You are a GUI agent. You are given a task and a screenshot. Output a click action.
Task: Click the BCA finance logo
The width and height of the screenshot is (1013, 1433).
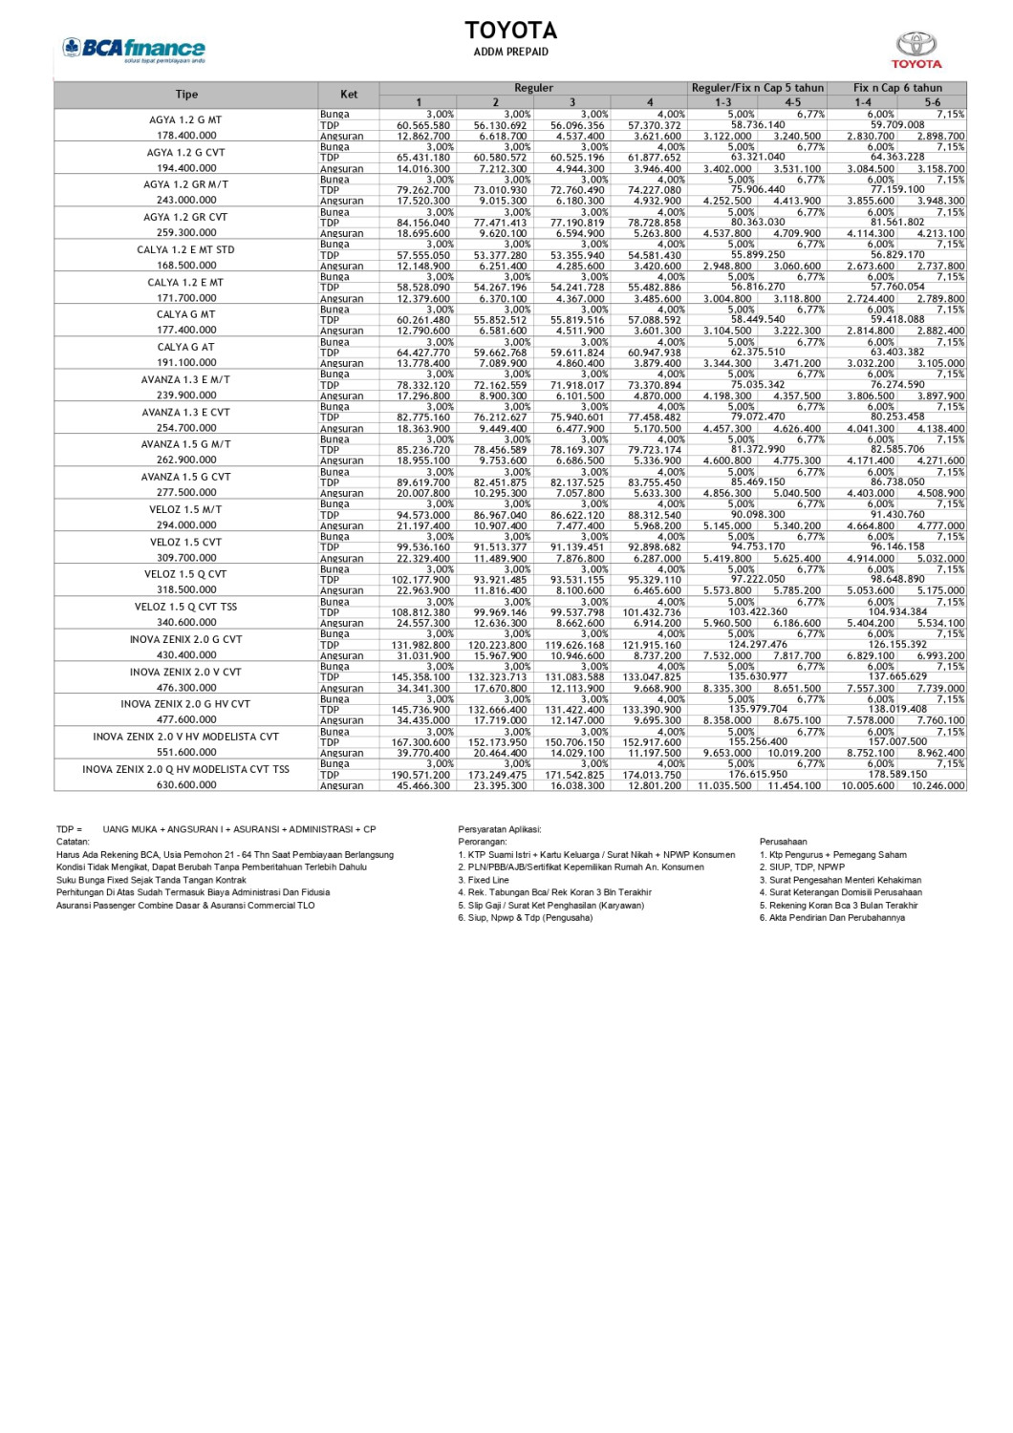(x=133, y=49)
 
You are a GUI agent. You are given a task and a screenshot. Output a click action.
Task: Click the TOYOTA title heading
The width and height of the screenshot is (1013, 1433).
(x=510, y=31)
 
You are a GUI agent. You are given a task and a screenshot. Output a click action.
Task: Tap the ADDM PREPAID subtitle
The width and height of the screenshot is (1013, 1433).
(x=510, y=52)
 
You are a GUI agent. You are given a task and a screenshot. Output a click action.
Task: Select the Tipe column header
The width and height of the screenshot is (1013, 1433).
(x=186, y=95)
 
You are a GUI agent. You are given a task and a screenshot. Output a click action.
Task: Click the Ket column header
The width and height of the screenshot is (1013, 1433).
(x=349, y=94)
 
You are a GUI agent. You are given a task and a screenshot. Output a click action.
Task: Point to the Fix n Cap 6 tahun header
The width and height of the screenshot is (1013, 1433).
(x=897, y=88)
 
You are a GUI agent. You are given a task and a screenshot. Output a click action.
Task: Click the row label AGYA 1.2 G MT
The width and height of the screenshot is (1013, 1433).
(x=185, y=120)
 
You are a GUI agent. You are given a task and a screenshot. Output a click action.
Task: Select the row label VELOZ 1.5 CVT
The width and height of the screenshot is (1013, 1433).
(x=185, y=542)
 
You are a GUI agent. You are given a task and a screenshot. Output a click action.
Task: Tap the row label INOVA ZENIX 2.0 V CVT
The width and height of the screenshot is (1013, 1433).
(x=185, y=672)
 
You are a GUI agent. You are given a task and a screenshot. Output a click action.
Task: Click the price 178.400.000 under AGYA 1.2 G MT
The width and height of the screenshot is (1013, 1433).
(x=186, y=136)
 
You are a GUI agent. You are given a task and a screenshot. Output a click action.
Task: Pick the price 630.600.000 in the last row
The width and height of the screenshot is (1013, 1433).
(x=186, y=785)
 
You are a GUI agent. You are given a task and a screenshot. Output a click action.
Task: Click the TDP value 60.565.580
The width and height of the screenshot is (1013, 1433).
(x=423, y=125)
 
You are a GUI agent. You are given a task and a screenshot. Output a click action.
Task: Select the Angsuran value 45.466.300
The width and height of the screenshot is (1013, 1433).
(x=423, y=785)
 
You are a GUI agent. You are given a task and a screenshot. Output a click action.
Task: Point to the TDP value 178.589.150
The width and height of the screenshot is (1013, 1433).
(x=897, y=775)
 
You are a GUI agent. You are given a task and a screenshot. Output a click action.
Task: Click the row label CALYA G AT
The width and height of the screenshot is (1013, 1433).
(x=185, y=347)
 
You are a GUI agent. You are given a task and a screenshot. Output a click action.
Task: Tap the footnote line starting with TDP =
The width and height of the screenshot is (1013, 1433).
(x=216, y=829)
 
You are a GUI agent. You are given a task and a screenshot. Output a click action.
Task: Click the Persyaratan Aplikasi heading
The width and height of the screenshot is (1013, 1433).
(x=499, y=829)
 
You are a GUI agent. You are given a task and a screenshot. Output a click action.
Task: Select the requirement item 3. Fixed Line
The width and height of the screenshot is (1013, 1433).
(x=484, y=880)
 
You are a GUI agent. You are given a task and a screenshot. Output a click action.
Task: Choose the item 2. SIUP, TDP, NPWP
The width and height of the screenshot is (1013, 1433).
(x=802, y=867)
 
